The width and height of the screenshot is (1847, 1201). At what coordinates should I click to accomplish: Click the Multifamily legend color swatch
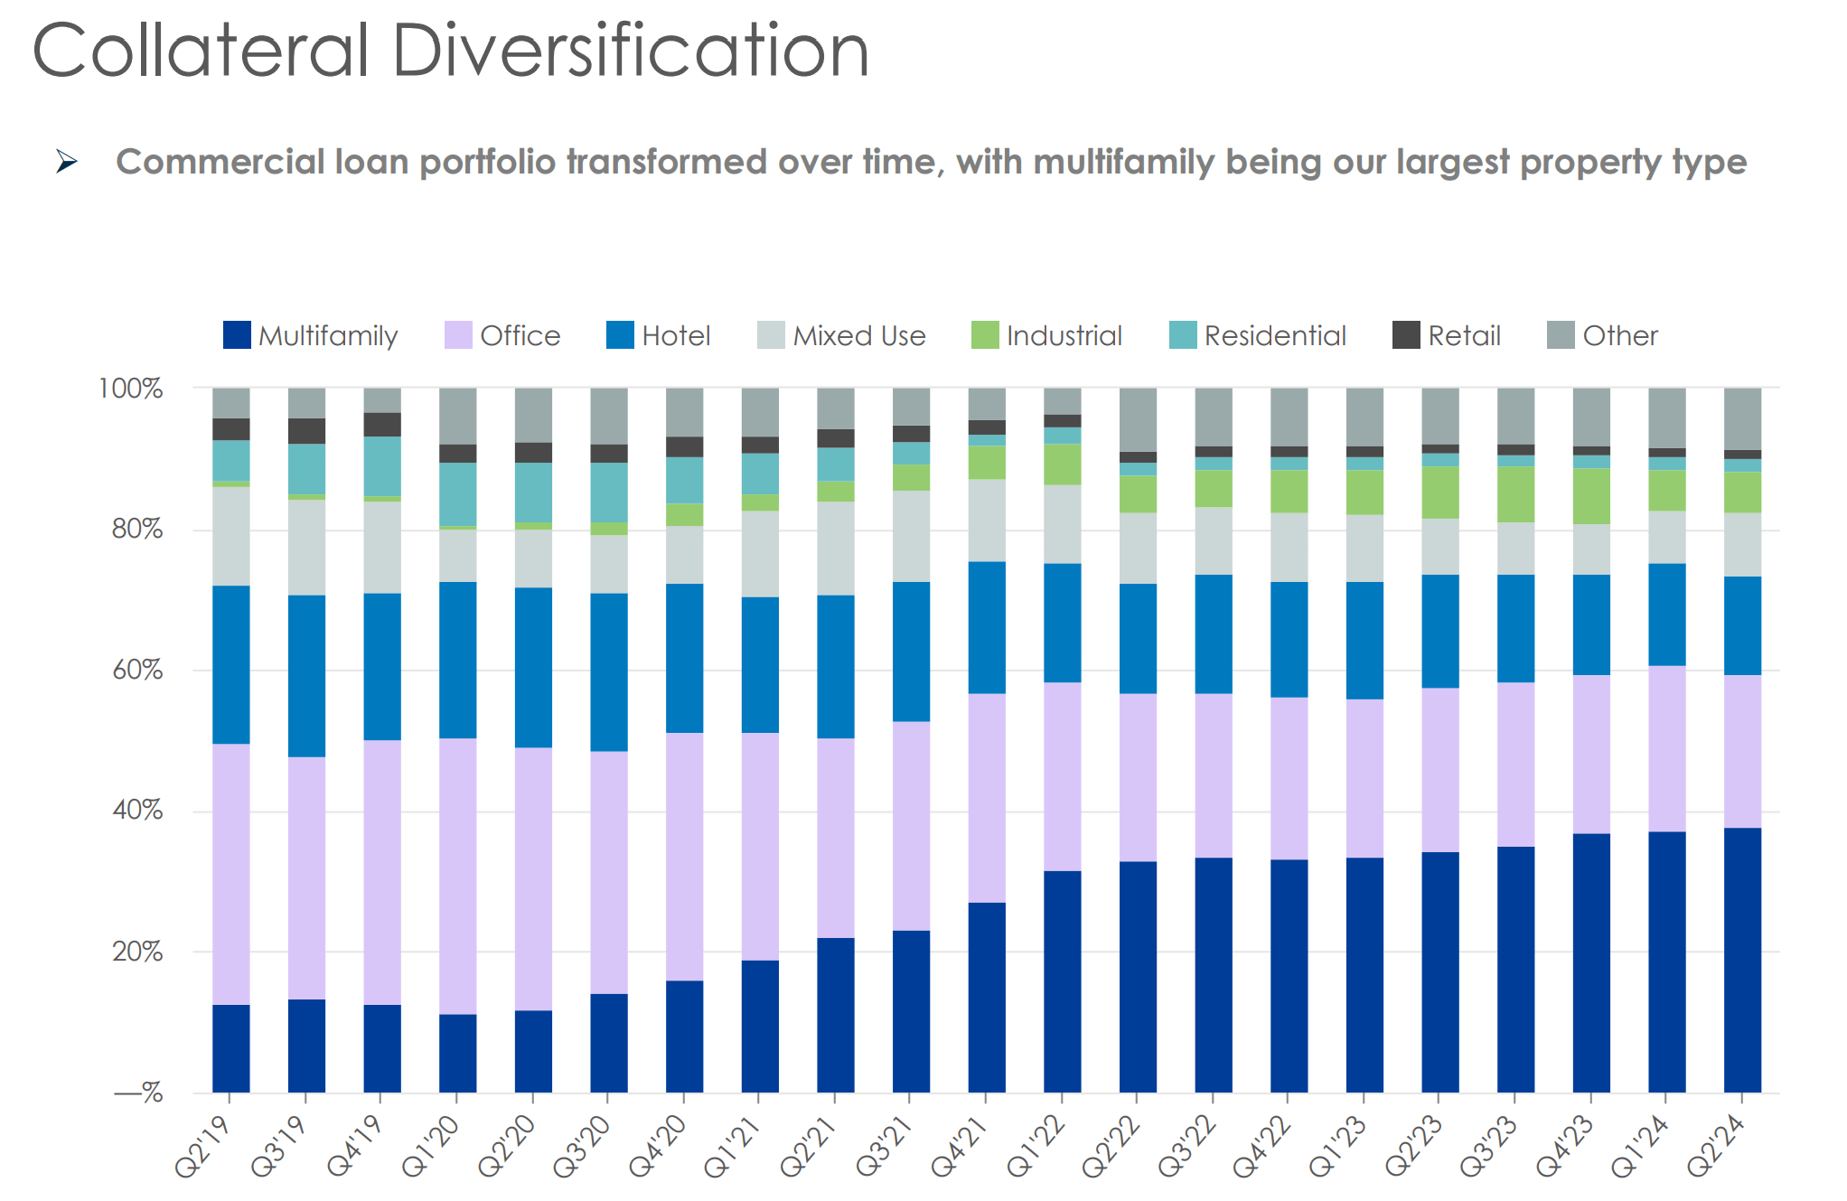(x=237, y=335)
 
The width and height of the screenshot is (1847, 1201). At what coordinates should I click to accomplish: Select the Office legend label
(x=520, y=336)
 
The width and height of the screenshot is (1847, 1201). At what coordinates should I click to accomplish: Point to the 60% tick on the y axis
(x=137, y=670)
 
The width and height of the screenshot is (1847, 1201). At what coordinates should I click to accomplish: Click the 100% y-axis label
(x=130, y=389)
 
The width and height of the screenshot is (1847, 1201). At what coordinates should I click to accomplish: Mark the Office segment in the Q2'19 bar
(x=231, y=874)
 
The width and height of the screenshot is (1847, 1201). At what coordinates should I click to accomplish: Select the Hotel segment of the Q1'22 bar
(x=1062, y=623)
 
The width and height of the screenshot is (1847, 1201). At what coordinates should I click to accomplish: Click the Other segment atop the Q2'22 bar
(x=1138, y=419)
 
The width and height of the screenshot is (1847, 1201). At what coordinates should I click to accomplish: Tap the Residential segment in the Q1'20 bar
(x=458, y=494)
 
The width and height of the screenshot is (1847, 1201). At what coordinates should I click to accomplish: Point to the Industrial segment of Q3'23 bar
(x=1515, y=494)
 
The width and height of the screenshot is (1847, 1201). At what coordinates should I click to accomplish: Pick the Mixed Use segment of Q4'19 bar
(x=382, y=547)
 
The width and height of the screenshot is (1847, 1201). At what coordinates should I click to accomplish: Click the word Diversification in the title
(x=630, y=51)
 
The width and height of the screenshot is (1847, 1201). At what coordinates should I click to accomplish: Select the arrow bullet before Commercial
(x=67, y=162)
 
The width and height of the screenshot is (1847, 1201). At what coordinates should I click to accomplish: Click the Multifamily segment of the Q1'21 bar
(x=760, y=1026)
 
